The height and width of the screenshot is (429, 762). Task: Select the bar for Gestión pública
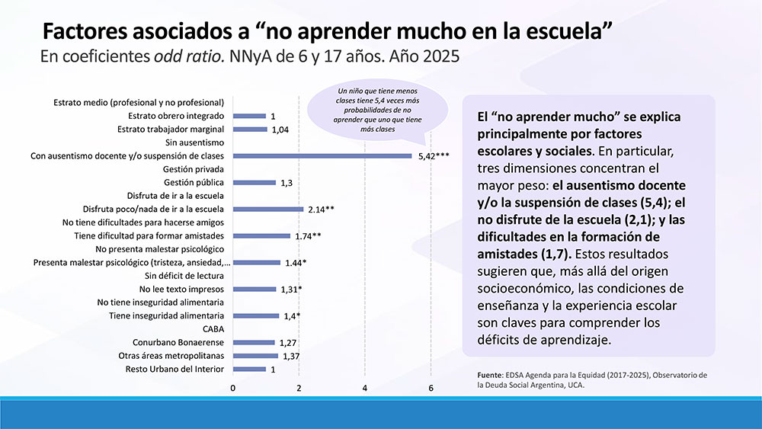click(x=254, y=183)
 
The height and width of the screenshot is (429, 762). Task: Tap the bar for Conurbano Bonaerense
click(x=253, y=343)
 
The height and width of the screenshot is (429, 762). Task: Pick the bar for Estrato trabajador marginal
click(x=250, y=130)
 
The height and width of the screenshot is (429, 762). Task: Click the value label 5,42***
click(x=434, y=156)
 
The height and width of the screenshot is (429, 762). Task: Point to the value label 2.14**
click(x=322, y=210)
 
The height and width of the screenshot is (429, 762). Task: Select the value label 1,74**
click(x=308, y=236)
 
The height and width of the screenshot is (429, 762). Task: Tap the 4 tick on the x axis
click(x=365, y=389)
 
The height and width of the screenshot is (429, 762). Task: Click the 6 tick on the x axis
click(x=431, y=389)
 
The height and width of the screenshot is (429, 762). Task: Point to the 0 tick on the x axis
click(x=233, y=389)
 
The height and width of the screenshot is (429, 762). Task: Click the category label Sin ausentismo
click(x=194, y=142)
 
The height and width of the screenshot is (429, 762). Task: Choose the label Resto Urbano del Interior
click(x=174, y=370)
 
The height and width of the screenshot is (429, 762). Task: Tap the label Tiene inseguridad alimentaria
click(x=166, y=315)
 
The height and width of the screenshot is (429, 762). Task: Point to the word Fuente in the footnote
click(x=479, y=375)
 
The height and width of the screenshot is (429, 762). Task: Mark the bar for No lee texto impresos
click(x=254, y=290)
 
